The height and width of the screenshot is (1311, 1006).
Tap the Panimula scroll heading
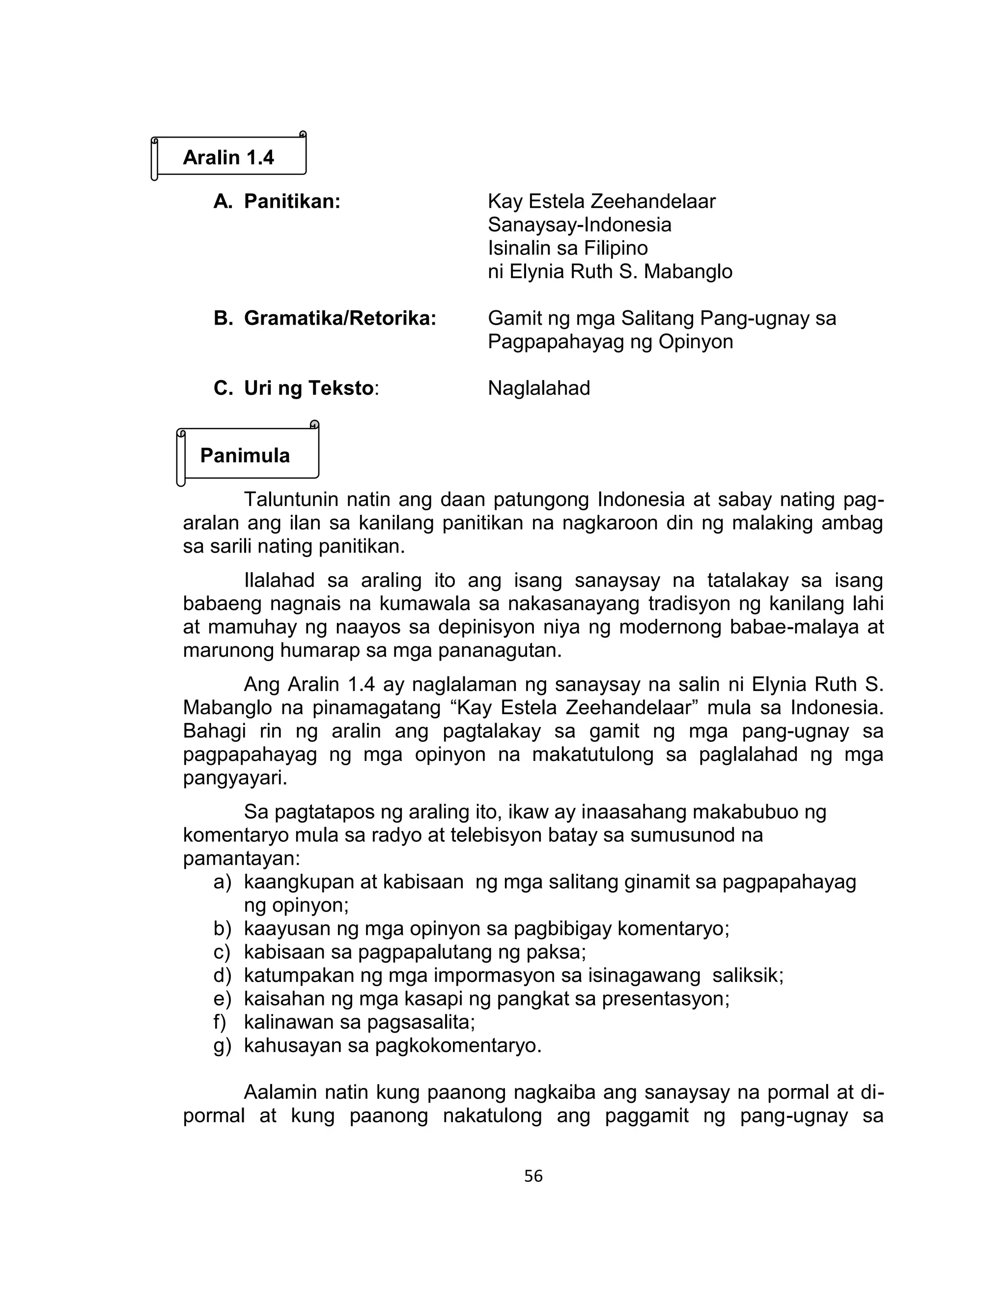click(x=245, y=455)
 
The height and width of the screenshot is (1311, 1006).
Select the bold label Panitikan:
click(x=292, y=202)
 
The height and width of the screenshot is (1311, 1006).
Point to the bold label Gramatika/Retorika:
click(x=339, y=318)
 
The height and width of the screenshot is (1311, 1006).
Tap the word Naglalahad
click(x=538, y=389)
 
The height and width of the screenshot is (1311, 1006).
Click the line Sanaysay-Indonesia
click(x=579, y=225)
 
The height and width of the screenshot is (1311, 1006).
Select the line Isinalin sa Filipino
click(x=567, y=249)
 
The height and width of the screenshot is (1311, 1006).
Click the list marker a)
click(x=222, y=882)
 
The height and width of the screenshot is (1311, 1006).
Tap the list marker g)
click(x=222, y=1045)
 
